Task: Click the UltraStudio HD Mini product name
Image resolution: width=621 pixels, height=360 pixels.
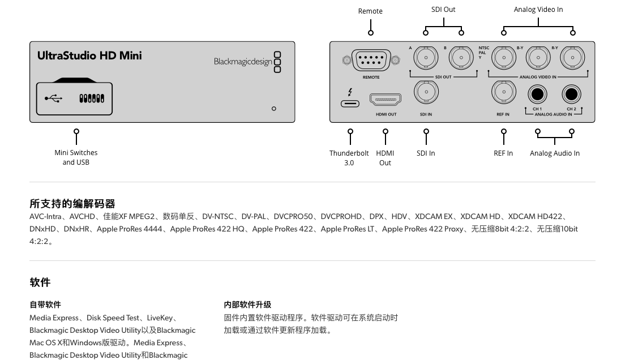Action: [x=89, y=55]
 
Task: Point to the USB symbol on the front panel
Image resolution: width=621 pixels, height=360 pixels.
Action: [x=54, y=98]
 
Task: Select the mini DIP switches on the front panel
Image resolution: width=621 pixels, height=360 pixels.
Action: [x=91, y=98]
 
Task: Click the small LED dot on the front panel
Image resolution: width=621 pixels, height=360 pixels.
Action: [x=274, y=109]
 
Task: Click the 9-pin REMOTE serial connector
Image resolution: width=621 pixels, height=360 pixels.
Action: [x=371, y=60]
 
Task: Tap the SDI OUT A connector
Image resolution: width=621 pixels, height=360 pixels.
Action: [x=426, y=57]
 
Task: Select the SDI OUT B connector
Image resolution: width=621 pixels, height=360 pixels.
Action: [x=461, y=57]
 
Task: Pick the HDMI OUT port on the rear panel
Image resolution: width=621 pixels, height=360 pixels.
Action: [x=386, y=100]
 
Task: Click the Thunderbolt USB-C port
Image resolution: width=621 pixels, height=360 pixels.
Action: [x=350, y=104]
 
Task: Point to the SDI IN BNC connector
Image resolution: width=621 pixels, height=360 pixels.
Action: [x=426, y=92]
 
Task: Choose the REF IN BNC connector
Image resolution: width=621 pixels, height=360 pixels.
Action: [x=503, y=92]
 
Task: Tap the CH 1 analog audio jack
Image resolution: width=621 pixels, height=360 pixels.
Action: [x=537, y=94]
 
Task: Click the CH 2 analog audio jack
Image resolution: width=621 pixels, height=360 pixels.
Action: [x=572, y=94]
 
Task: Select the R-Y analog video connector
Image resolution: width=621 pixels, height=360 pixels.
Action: [x=572, y=57]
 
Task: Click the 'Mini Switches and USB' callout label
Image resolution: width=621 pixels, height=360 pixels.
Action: [x=76, y=157]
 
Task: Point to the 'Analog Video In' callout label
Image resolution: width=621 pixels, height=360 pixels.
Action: [x=538, y=9]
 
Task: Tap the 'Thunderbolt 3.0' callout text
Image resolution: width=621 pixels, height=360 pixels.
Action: [x=349, y=158]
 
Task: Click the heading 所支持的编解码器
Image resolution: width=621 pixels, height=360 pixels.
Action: [x=72, y=204]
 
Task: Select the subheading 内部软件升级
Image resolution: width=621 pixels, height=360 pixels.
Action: [x=247, y=305]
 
